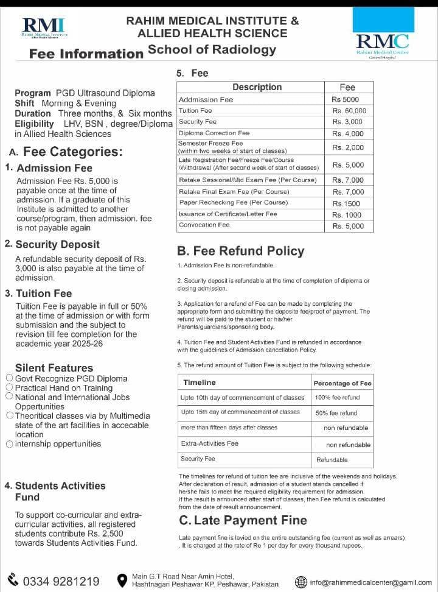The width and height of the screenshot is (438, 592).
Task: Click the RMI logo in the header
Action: tap(44, 27)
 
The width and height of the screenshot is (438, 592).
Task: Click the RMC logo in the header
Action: tap(382, 44)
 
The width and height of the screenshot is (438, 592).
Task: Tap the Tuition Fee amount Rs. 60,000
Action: tap(349, 111)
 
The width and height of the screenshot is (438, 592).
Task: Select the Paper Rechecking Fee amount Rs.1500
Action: tap(346, 203)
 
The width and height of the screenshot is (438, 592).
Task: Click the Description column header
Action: tap(257, 87)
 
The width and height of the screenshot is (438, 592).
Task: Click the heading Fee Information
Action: tap(86, 54)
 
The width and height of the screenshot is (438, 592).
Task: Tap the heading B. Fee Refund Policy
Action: tap(240, 251)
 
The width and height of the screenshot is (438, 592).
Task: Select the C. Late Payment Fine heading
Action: tap(243, 521)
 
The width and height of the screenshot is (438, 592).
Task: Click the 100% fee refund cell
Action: tap(337, 398)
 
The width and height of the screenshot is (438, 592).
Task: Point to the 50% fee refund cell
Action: tap(336, 413)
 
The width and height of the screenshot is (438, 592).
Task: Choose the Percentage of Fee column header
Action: tap(342, 383)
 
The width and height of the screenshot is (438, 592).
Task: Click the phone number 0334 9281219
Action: tap(61, 581)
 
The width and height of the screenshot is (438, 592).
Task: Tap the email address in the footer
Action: tap(370, 582)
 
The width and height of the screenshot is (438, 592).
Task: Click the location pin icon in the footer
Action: tap(122, 580)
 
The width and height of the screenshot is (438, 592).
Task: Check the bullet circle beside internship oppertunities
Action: tap(9, 444)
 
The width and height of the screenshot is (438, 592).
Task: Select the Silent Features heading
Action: tap(54, 368)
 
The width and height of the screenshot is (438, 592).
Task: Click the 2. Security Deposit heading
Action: tap(57, 244)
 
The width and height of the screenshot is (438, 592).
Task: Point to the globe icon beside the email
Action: tap(301, 582)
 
